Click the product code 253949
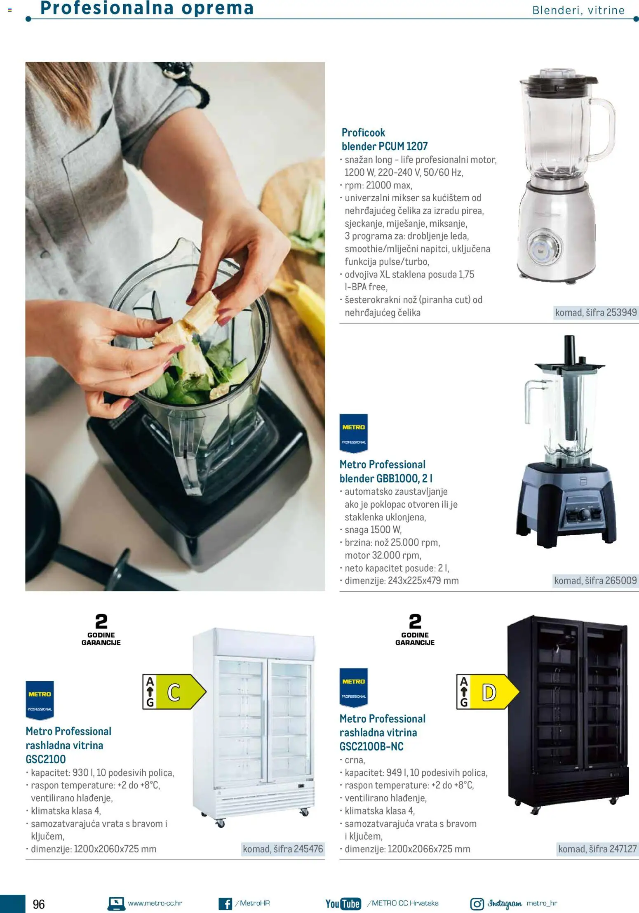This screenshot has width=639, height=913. pyautogui.click(x=621, y=313)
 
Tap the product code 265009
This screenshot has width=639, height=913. pyautogui.click(x=620, y=581)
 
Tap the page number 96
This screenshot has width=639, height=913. pyautogui.click(x=39, y=904)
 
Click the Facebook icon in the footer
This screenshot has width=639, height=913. pyautogui.click(x=225, y=904)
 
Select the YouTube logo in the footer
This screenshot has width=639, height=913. pyautogui.click(x=343, y=904)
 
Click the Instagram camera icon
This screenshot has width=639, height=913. pyautogui.click(x=477, y=904)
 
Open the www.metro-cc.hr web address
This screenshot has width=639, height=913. pyautogui.click(x=155, y=903)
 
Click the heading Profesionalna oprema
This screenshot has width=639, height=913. pyautogui.click(x=147, y=8)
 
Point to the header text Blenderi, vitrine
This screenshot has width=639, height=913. pyautogui.click(x=578, y=10)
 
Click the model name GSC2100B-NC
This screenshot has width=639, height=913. pyautogui.click(x=371, y=746)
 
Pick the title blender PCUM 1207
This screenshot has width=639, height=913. pyautogui.click(x=384, y=146)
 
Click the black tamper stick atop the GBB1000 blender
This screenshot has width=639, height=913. pyautogui.click(x=569, y=350)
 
